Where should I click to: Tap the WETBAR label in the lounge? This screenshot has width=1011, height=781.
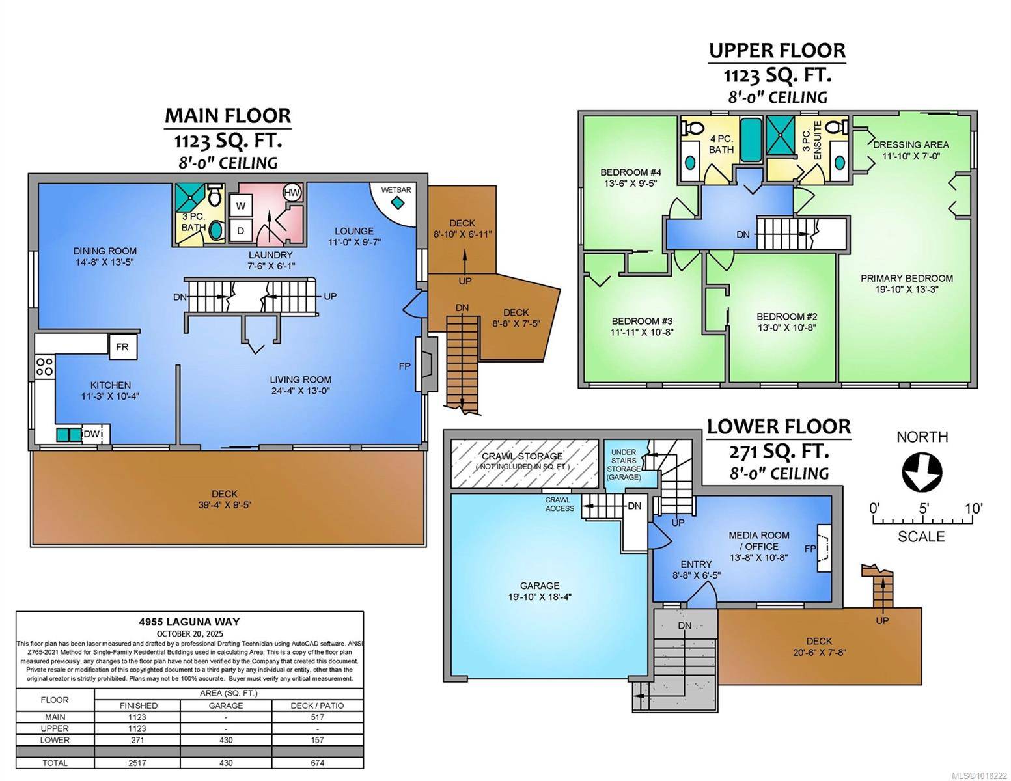tap(396, 190)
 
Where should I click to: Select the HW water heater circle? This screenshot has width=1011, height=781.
tap(292, 193)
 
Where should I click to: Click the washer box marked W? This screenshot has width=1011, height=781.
tap(241, 206)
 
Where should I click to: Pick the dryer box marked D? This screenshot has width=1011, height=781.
tap(241, 230)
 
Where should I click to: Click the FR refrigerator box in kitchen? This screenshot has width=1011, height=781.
tap(122, 347)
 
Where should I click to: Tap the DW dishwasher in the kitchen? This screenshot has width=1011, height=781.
tap(91, 434)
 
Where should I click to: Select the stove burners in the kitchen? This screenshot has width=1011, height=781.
tap(44, 367)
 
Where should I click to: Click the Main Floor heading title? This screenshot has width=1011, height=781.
tap(227, 115)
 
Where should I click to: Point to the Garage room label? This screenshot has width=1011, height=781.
tap(539, 585)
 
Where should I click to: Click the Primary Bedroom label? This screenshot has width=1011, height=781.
tap(906, 278)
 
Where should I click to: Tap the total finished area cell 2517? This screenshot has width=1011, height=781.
tap(137, 763)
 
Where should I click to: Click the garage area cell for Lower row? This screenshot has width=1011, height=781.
tap(225, 740)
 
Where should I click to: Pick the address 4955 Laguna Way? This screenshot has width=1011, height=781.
tap(189, 622)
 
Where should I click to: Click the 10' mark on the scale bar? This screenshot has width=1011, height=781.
tap(973, 508)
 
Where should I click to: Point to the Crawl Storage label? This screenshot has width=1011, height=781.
tap(522, 456)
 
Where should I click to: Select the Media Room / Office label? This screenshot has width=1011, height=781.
tap(758, 540)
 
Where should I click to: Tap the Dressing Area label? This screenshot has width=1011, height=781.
tap(910, 144)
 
